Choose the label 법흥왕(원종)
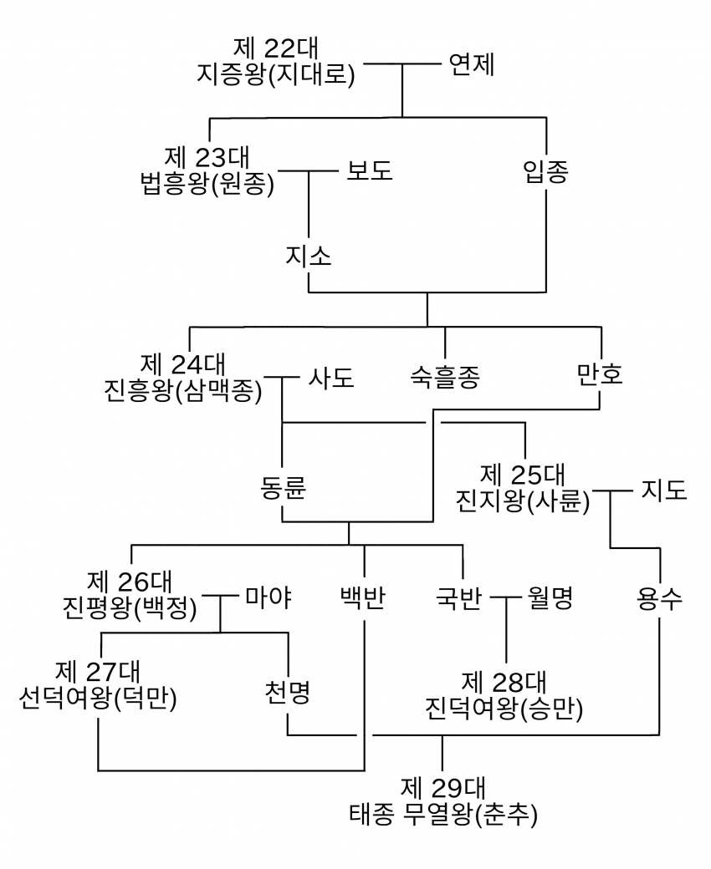coord(208,184)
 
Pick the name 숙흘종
coord(445,378)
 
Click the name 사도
coord(331,378)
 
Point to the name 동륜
coord(283,489)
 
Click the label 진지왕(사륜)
coord(523,501)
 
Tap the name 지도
coord(664,489)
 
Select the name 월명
coord(550,598)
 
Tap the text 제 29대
coord(442,787)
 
